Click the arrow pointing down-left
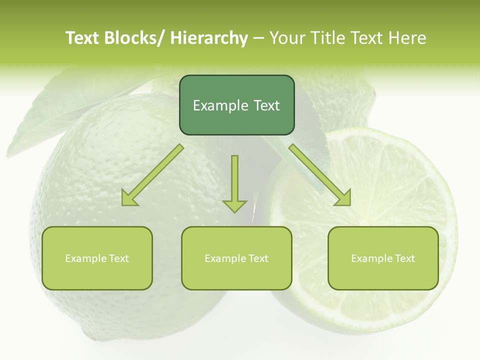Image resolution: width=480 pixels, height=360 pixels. coord(152,175)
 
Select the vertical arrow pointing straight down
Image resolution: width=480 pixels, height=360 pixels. coord(234,182)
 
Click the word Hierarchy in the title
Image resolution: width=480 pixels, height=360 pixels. coord(209,38)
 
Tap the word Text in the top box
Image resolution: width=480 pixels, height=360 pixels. coord(266,105)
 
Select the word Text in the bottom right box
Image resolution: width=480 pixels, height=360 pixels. coord(405,258)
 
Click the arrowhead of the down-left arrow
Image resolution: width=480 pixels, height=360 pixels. coord(129,198)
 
